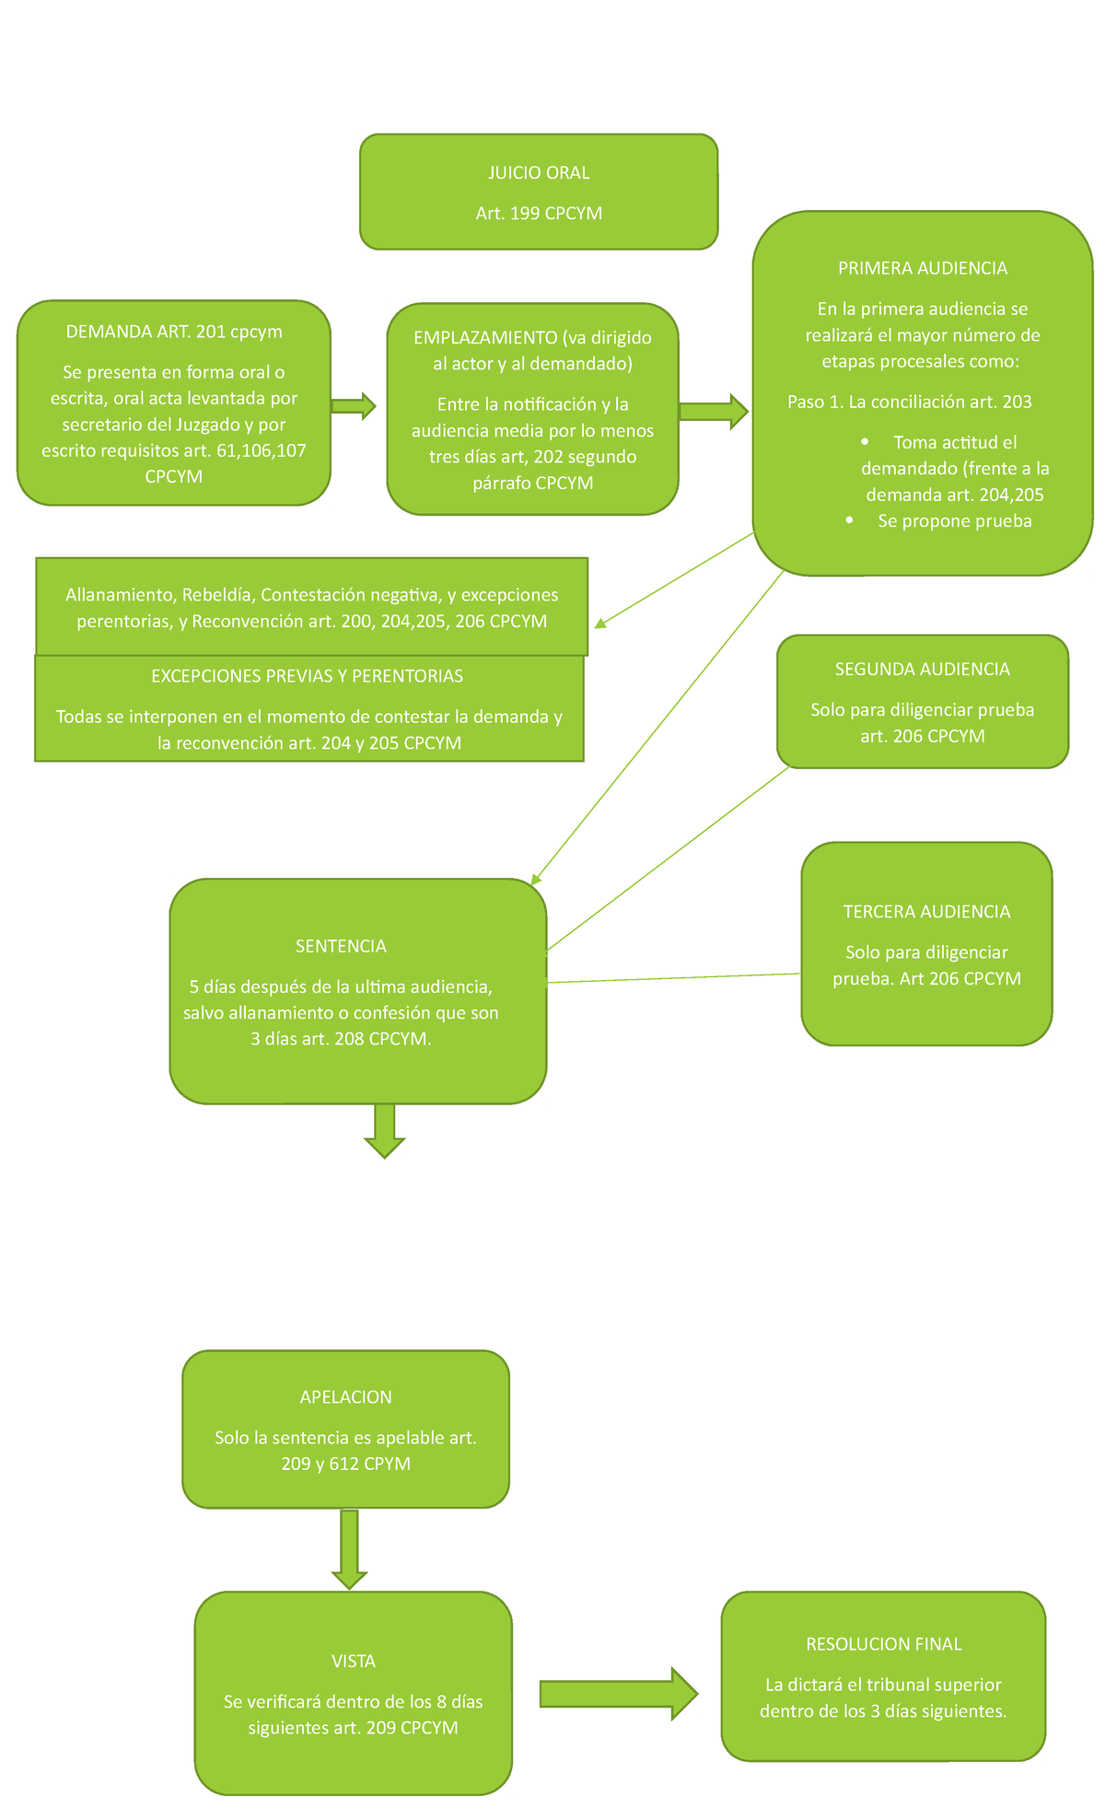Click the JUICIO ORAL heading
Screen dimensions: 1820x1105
(539, 173)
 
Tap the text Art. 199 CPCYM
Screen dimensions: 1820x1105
(539, 214)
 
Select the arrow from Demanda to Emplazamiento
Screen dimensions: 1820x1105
(354, 405)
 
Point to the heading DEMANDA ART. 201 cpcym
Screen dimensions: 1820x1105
(174, 332)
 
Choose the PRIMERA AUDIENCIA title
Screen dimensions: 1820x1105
(922, 268)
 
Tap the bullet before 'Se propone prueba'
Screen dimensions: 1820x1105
(849, 521)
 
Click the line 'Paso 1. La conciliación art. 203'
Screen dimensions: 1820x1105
(909, 402)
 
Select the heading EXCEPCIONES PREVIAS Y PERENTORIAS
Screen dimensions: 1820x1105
(307, 676)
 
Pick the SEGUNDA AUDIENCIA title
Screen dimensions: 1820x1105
(922, 670)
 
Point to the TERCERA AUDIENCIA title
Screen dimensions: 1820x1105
(926, 912)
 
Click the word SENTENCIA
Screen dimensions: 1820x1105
(341, 946)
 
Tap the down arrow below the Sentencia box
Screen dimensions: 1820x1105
(385, 1131)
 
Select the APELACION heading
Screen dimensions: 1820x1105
(345, 1397)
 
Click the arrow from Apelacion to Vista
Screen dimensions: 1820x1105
(349, 1549)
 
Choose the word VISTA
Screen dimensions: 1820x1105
(354, 1662)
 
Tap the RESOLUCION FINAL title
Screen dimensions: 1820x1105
(883, 1644)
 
